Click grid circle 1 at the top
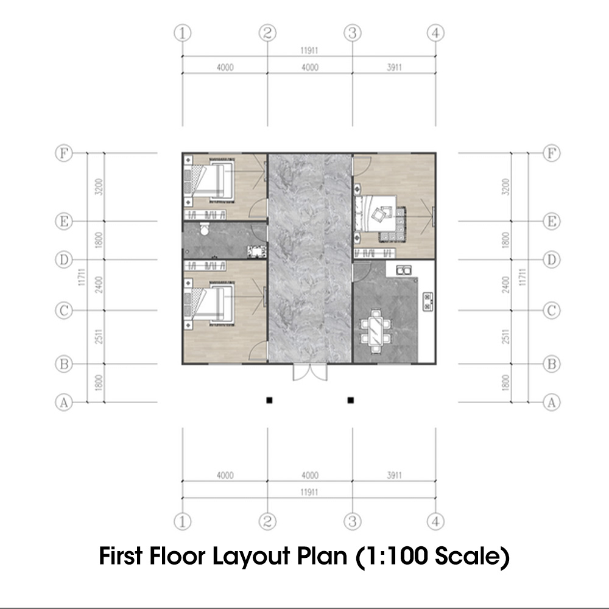[x=183, y=33]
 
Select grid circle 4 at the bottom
[x=435, y=521]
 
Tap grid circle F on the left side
[x=63, y=153]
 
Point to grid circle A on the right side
[x=551, y=402]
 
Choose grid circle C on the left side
[x=63, y=311]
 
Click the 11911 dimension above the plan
[x=309, y=51]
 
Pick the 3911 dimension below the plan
[x=394, y=475]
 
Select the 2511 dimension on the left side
[x=98, y=337]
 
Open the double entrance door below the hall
[x=310, y=372]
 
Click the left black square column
[x=268, y=400]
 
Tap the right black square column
[x=351, y=400]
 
